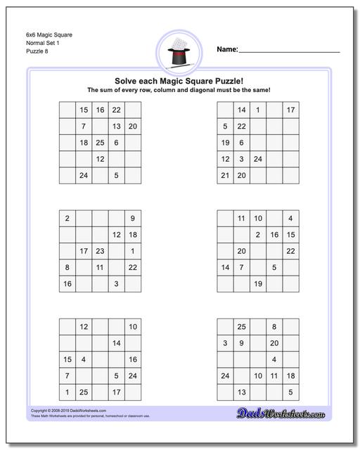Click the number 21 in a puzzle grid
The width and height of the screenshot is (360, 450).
[225, 175]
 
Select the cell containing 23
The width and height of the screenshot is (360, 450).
[100, 251]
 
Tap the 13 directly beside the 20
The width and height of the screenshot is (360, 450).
[117, 127]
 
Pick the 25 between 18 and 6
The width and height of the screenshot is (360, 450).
[100, 143]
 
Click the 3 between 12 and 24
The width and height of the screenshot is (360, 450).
[241, 159]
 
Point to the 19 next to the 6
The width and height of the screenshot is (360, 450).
[225, 143]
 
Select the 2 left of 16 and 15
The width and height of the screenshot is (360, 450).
[258, 235]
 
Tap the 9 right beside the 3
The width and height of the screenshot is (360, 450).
[241, 343]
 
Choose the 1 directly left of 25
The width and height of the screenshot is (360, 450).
[67, 392]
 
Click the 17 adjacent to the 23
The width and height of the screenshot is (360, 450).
[84, 251]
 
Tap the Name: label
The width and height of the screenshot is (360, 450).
[227, 49]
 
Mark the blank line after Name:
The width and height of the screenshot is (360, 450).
[290, 51]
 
